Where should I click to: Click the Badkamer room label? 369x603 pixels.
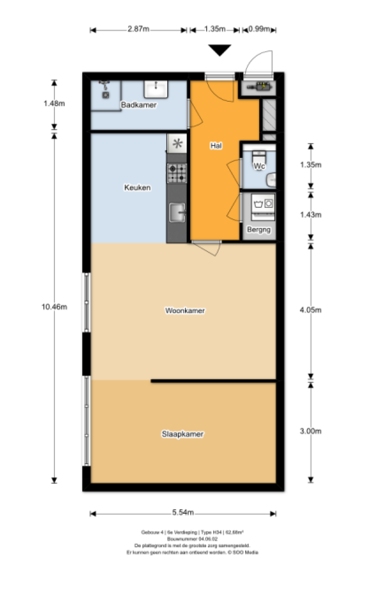pyautogui.click(x=138, y=105)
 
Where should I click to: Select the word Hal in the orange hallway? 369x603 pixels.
pyautogui.click(x=215, y=145)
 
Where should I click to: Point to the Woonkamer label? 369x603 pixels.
pyautogui.click(x=185, y=311)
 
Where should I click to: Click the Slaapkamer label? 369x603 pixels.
pyautogui.click(x=182, y=434)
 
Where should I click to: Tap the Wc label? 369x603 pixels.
pyautogui.click(x=259, y=166)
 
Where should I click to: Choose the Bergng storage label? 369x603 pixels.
pyautogui.click(x=259, y=230)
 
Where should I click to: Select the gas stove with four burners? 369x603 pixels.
pyautogui.click(x=176, y=173)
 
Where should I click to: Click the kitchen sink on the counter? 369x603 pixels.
pyautogui.click(x=176, y=212)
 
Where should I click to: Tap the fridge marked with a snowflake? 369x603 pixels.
pyautogui.click(x=177, y=143)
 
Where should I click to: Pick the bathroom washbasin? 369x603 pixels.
pyautogui.click(x=156, y=89)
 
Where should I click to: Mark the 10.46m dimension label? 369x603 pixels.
pyautogui.click(x=54, y=307)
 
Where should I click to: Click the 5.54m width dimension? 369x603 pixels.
pyautogui.click(x=183, y=513)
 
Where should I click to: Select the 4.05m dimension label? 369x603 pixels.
pyautogui.click(x=310, y=310)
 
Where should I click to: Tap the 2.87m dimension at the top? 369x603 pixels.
pyautogui.click(x=138, y=29)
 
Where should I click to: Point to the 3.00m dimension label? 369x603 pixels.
pyautogui.click(x=310, y=431)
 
